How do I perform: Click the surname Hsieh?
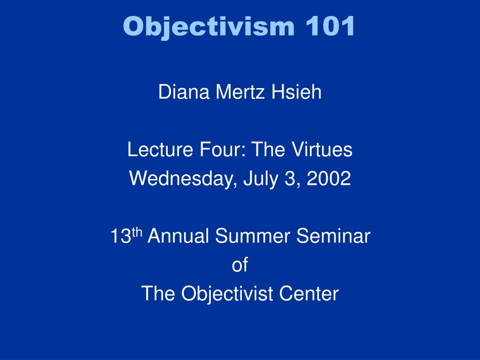(297, 92)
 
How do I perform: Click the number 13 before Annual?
(120, 237)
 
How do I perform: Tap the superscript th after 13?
(137, 232)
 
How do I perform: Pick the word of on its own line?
(240, 265)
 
